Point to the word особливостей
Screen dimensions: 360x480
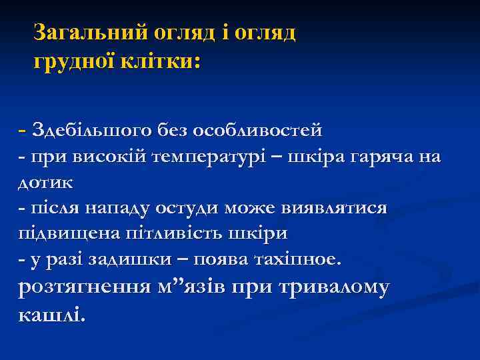(264, 128)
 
